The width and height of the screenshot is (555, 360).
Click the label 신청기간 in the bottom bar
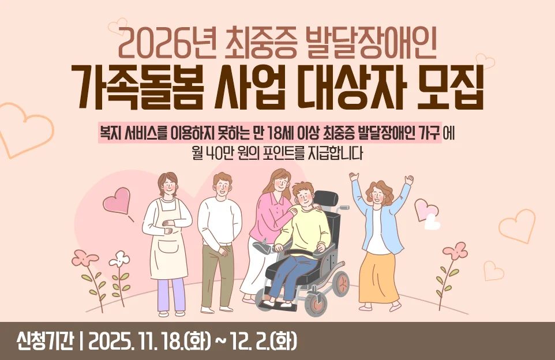(x=46, y=340)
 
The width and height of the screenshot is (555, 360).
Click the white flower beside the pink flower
(x=119, y=259)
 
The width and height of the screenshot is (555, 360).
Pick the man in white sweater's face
(x=222, y=185)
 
